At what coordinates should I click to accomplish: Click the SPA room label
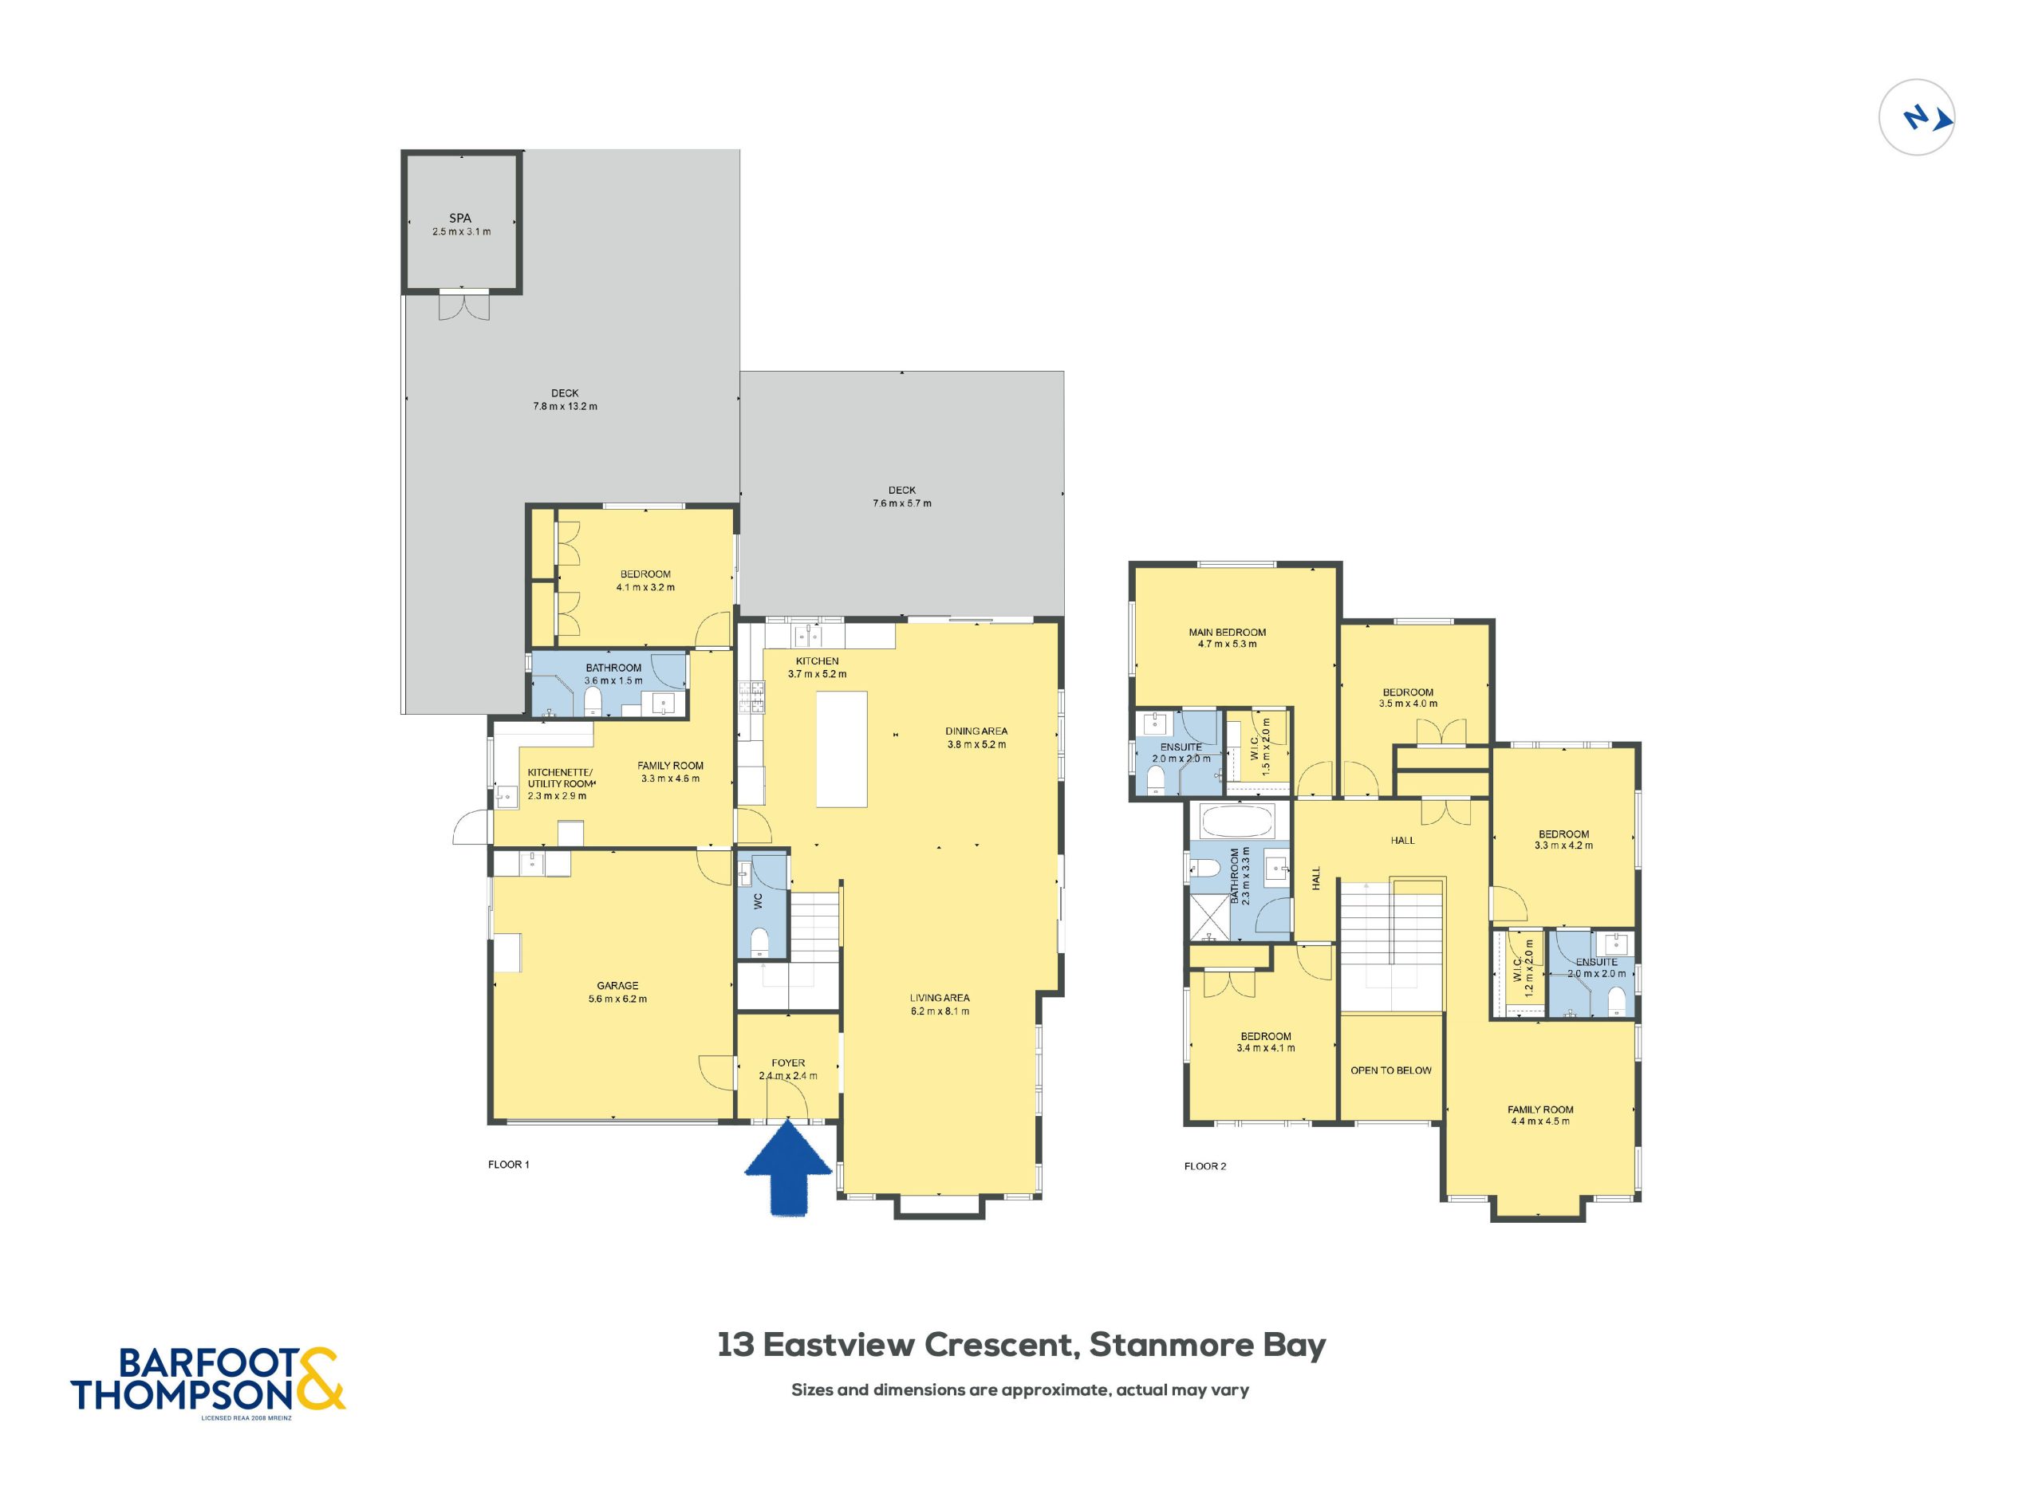[x=460, y=219]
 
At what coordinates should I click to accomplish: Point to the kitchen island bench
[x=842, y=749]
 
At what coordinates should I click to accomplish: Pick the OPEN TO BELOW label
[x=1391, y=1070]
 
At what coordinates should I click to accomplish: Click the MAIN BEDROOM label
[x=1227, y=633]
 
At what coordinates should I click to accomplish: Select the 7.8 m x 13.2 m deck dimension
[x=565, y=406]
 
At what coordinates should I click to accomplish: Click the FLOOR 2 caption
[x=1205, y=1166]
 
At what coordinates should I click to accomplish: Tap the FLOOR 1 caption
[x=509, y=1165]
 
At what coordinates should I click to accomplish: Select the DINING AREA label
[x=976, y=731]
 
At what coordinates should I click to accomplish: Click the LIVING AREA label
[x=939, y=998]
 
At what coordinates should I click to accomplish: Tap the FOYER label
[x=788, y=1062]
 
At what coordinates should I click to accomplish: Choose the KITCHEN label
[x=817, y=661]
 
